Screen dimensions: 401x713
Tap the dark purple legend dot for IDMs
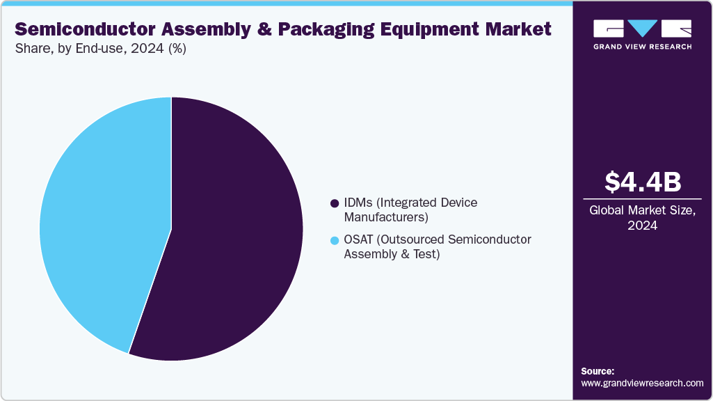[x=335, y=203]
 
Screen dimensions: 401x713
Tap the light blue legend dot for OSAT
[x=335, y=240]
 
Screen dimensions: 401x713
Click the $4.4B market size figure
[x=642, y=182]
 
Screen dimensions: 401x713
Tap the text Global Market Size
[x=642, y=210]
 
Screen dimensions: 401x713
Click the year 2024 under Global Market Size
[x=642, y=226]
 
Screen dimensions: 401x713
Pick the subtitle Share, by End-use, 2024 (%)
[x=100, y=49]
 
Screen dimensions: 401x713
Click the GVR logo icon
[x=642, y=28]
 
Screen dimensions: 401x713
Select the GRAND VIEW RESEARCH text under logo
[x=642, y=47]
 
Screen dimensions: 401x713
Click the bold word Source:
[x=598, y=371]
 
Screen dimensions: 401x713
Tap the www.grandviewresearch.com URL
[x=642, y=383]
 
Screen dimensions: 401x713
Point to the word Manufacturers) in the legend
[x=386, y=217]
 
